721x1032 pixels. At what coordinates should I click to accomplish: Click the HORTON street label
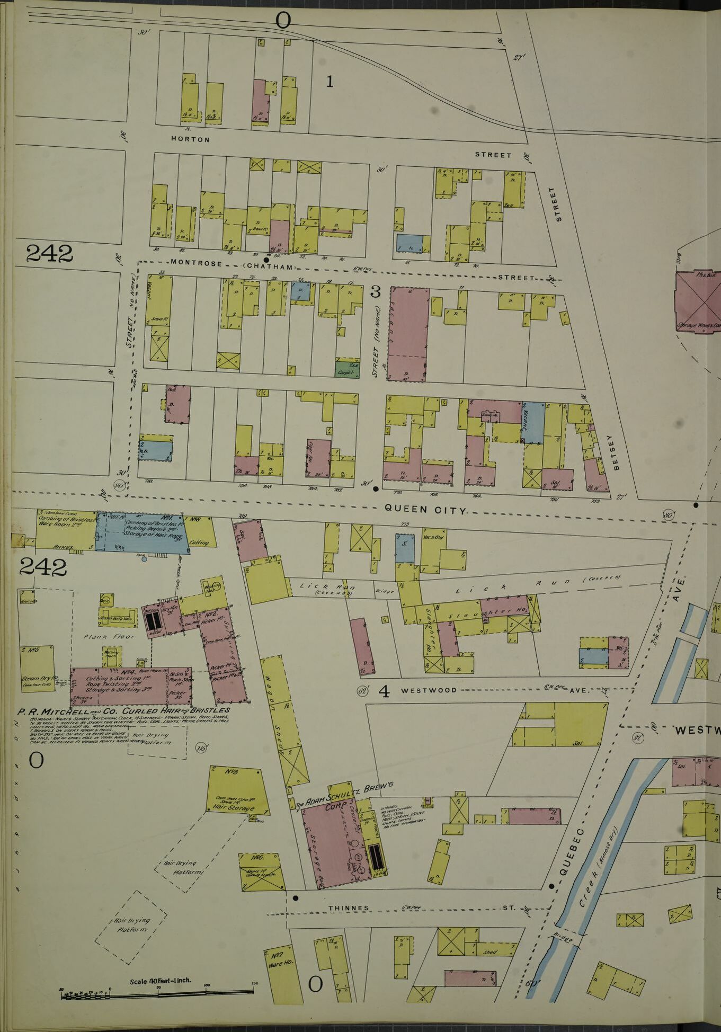click(190, 139)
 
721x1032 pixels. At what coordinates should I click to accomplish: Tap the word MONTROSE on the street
click(196, 263)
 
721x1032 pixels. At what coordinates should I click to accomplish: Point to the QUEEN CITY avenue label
click(425, 510)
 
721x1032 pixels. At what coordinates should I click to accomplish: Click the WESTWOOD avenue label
click(429, 691)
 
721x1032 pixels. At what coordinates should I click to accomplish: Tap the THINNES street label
click(349, 908)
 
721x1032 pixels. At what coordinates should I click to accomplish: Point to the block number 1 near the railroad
click(330, 82)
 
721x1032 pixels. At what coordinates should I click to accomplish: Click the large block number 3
click(375, 292)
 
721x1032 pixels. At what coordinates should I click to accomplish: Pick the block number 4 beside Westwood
click(384, 691)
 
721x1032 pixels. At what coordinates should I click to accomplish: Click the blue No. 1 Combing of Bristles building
click(143, 532)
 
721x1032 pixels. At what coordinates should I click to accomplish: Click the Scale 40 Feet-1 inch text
click(161, 981)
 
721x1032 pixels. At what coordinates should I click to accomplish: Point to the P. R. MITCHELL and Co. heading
click(124, 710)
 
